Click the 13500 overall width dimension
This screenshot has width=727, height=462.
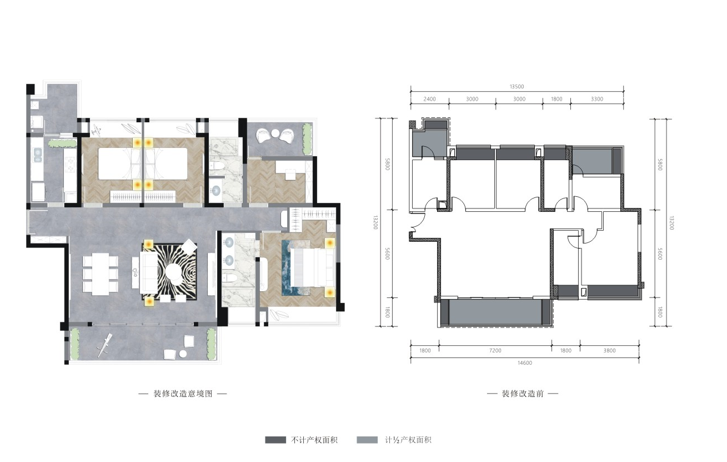(x=517, y=86)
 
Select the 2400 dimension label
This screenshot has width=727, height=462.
(x=429, y=99)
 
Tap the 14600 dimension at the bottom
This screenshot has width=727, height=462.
(x=525, y=363)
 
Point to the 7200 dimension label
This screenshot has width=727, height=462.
(x=495, y=351)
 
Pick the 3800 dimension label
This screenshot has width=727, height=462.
(x=609, y=351)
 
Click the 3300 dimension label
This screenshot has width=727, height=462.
(x=597, y=99)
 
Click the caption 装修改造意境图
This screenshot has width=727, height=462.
(x=183, y=394)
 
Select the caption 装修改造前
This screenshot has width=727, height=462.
(x=523, y=394)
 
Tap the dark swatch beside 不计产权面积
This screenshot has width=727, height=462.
(x=275, y=440)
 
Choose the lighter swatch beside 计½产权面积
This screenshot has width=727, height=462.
(x=367, y=440)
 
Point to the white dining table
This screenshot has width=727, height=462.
(x=101, y=274)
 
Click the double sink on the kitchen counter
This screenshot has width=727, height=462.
(x=38, y=155)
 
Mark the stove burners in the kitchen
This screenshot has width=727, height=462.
(x=71, y=165)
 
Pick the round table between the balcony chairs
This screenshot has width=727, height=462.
(x=275, y=133)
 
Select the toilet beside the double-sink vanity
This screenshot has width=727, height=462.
(x=231, y=278)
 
